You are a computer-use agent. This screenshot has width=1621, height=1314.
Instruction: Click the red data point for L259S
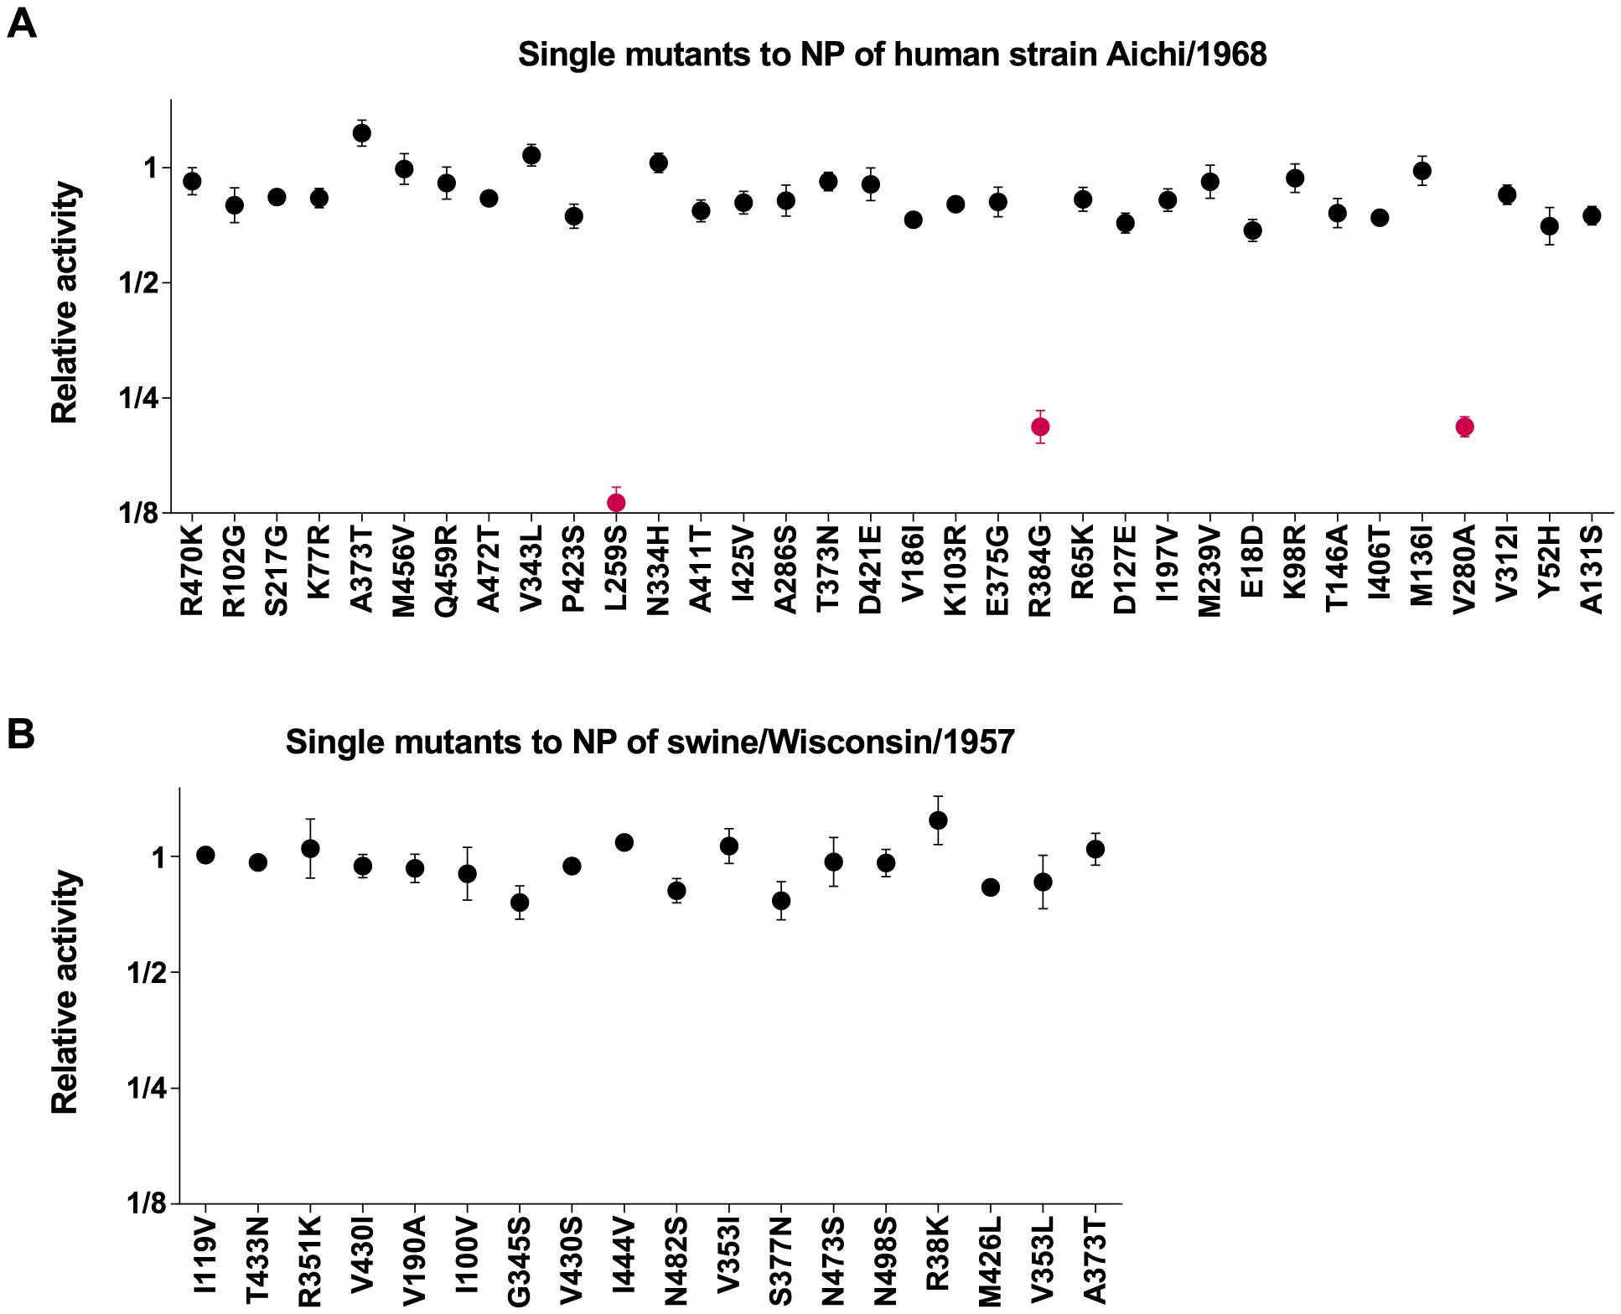point(616,503)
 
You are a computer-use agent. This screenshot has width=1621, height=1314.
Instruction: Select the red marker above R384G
point(1040,427)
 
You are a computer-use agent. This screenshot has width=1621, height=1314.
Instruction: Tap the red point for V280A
point(1464,427)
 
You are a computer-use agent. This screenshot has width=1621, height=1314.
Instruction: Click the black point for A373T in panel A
point(362,132)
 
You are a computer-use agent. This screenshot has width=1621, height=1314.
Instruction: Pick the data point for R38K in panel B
point(938,820)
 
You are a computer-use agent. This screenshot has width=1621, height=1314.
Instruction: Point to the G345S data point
point(520,903)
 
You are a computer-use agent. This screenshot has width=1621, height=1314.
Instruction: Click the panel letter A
point(22,23)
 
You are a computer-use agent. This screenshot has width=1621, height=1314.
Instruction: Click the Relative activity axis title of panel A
point(65,303)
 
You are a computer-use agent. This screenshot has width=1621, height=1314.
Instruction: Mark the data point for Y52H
point(1549,226)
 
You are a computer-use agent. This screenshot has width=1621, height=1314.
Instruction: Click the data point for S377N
point(781,901)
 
